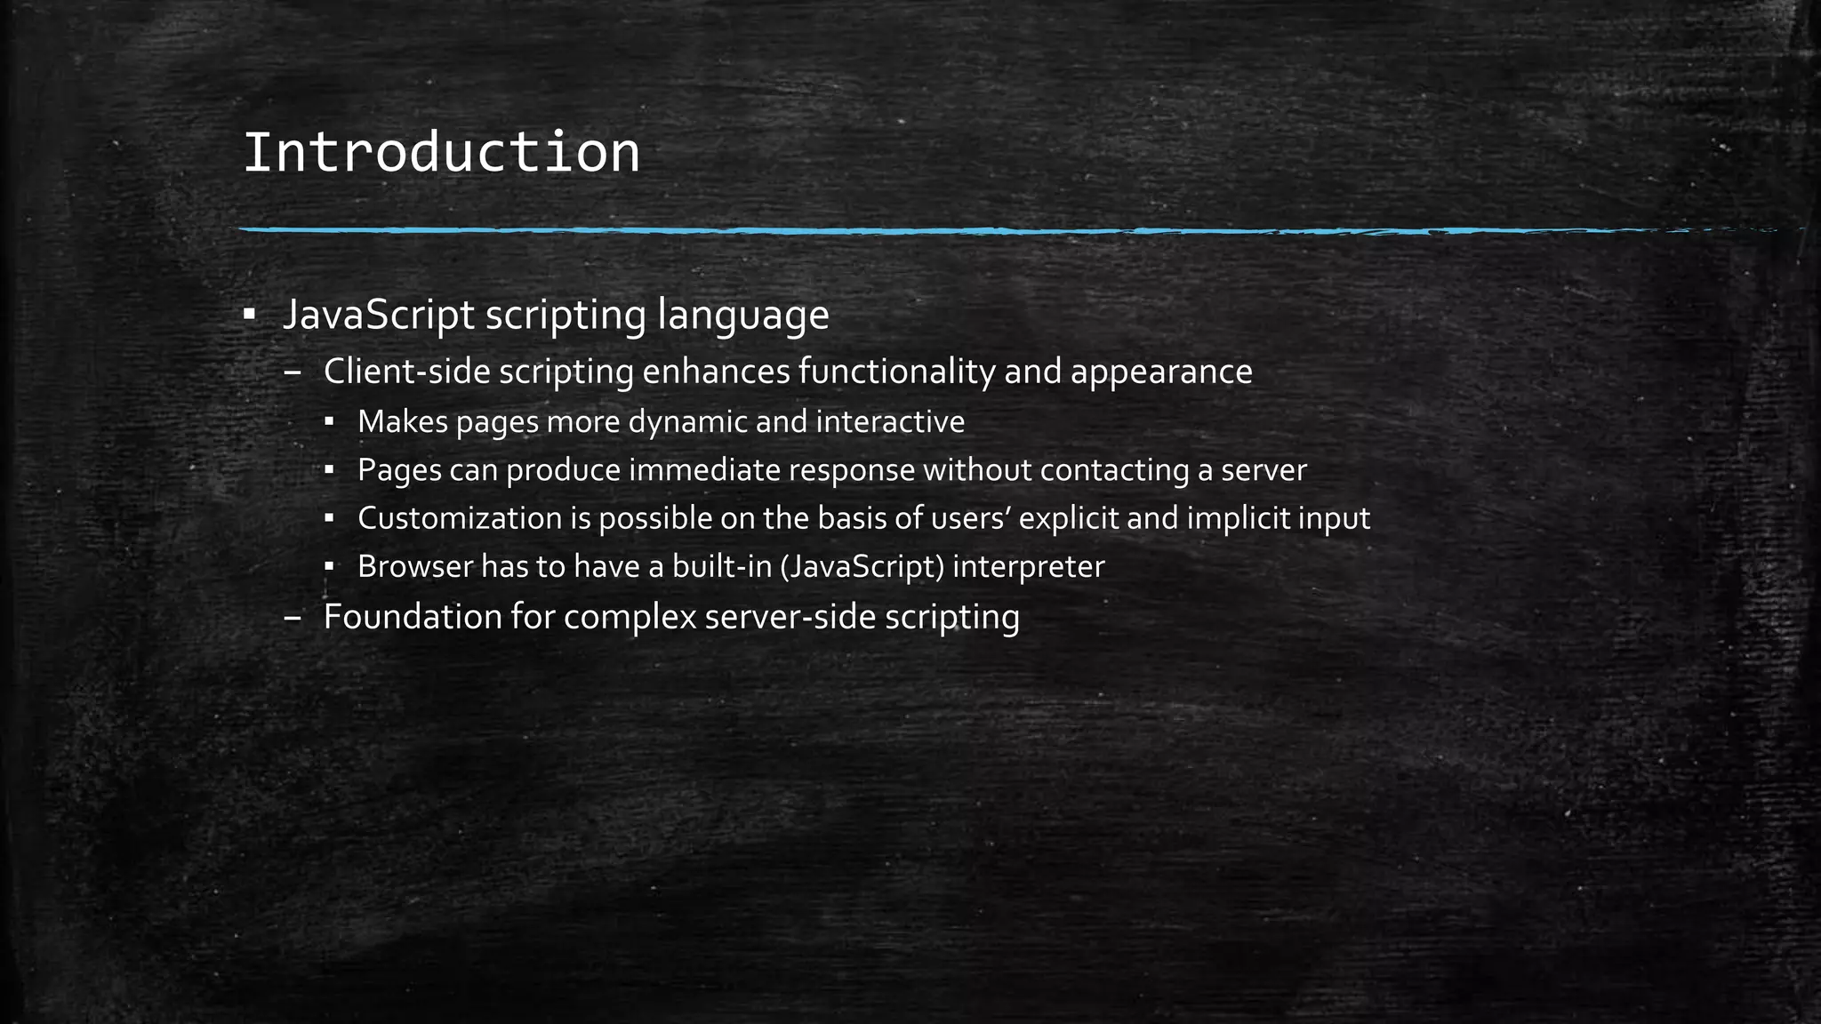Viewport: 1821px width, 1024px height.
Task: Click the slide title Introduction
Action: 441,152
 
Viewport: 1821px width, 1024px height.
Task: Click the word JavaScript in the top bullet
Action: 378,315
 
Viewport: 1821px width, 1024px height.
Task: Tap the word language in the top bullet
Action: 742,316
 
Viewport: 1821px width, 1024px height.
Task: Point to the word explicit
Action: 1068,518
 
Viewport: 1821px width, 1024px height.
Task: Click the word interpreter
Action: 1028,567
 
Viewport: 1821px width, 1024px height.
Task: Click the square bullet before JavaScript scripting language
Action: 249,315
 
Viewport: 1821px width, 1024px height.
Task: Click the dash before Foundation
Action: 292,617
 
